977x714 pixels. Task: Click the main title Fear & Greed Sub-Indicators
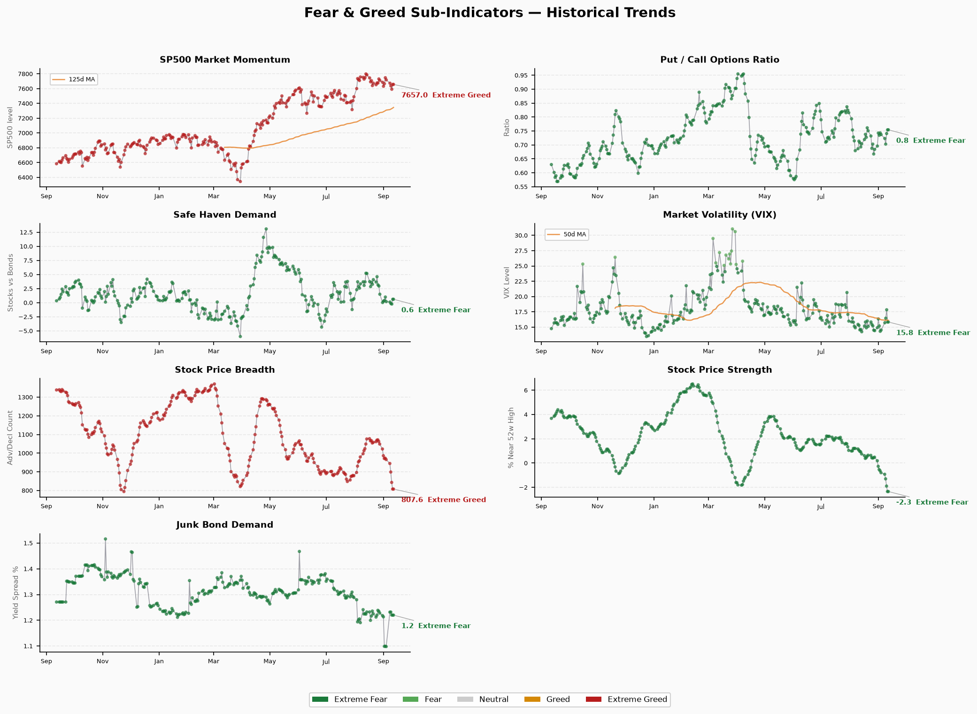(490, 13)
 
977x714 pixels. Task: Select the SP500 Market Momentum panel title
(225, 60)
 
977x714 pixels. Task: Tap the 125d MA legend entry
(74, 80)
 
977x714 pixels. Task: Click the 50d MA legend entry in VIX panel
(567, 234)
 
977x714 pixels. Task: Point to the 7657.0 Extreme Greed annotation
(446, 95)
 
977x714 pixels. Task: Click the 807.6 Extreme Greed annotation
(444, 500)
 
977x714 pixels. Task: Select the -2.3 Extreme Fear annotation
(932, 502)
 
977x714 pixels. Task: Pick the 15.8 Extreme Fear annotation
(933, 333)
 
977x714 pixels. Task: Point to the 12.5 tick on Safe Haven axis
(27, 232)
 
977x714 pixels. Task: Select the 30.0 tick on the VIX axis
(522, 235)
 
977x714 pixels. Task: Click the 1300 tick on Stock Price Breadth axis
(27, 397)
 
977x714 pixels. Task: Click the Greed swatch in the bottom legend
(532, 699)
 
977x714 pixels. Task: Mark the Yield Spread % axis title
(16, 592)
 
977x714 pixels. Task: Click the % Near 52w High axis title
(511, 438)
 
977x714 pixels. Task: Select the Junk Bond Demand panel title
(225, 525)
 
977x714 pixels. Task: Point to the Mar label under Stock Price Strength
(708, 507)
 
